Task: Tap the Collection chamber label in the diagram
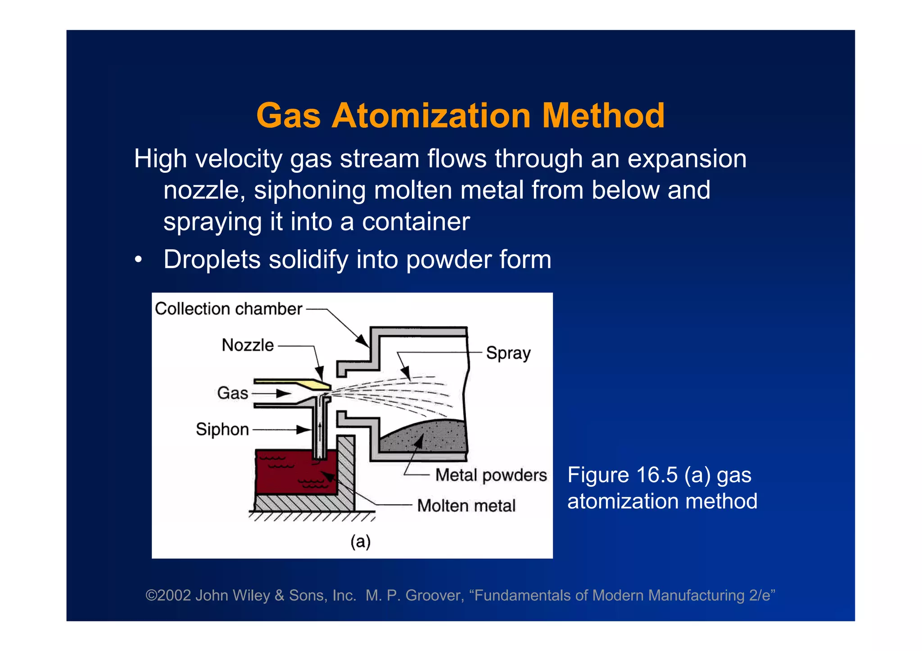(x=228, y=309)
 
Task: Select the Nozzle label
(x=248, y=346)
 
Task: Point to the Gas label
(x=232, y=393)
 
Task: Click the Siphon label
(x=222, y=430)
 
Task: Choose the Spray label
(x=508, y=354)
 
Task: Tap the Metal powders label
(x=491, y=476)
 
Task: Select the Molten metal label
(x=466, y=506)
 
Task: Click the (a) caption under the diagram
(x=360, y=541)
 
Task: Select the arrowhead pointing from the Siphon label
(x=304, y=430)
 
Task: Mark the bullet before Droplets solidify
(x=139, y=260)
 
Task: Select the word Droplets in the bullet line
(x=212, y=260)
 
